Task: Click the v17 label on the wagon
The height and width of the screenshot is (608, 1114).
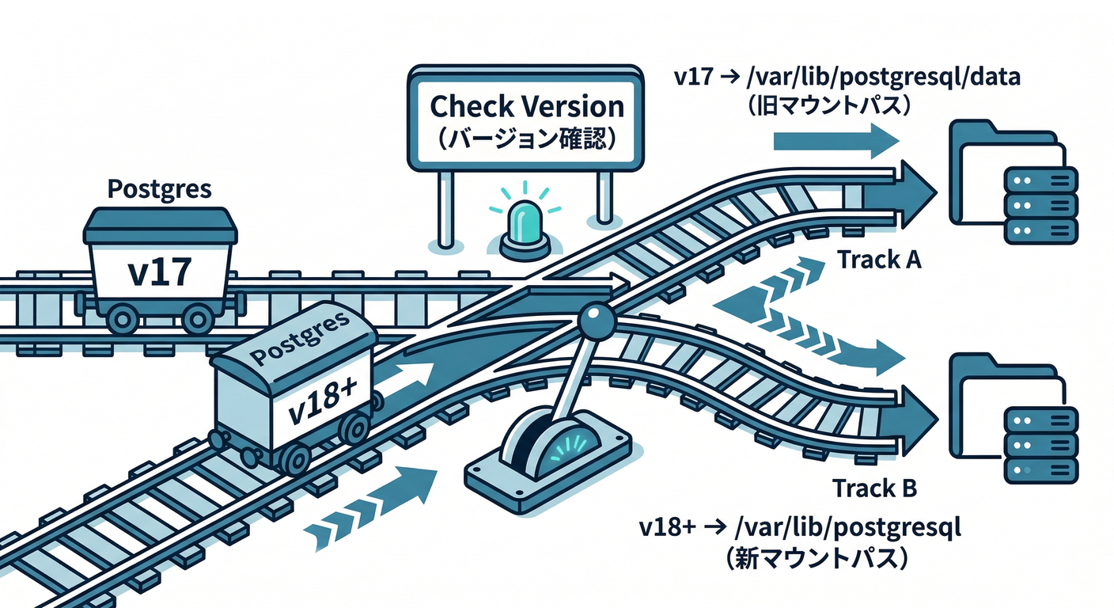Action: pos(159,271)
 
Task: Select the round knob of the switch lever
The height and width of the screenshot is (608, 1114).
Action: pos(596,320)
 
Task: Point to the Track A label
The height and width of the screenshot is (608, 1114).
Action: pos(877,259)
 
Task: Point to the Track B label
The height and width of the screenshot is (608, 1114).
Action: pos(874,488)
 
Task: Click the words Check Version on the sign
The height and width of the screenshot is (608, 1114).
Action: pos(526,105)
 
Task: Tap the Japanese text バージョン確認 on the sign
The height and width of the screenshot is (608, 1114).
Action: pos(526,138)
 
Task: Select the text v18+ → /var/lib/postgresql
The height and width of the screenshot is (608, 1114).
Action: pos(800,528)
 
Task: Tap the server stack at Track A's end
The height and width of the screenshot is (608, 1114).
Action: pos(1040,204)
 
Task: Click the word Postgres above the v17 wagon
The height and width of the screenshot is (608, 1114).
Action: pos(159,190)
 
